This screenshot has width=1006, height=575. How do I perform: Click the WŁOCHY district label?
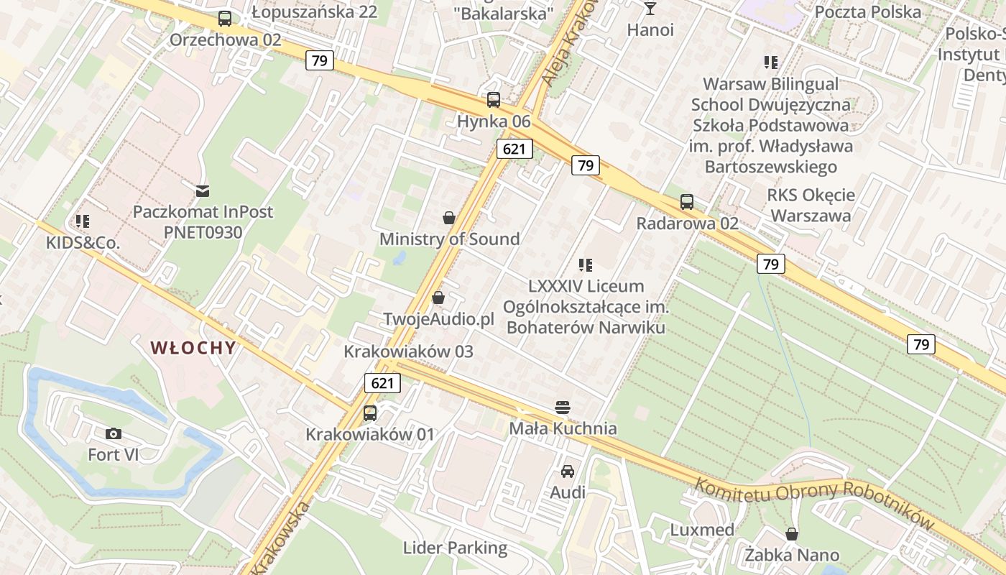(x=193, y=348)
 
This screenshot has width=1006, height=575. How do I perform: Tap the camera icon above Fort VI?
(x=113, y=433)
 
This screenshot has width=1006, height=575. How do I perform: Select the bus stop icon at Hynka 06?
(x=494, y=100)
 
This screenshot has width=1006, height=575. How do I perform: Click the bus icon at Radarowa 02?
(x=687, y=202)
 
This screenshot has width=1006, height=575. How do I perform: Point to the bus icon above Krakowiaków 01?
(x=370, y=413)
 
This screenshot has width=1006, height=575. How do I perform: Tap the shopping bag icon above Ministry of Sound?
(x=449, y=217)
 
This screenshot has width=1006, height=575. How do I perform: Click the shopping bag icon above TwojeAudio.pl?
(x=438, y=297)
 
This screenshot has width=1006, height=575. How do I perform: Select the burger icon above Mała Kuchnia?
(x=563, y=408)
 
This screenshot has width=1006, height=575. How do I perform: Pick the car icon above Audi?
(x=568, y=471)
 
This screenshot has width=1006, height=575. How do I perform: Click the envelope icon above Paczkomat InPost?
(x=203, y=190)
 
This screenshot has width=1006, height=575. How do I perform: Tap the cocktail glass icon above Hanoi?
(x=650, y=9)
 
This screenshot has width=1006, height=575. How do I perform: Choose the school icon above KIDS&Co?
(x=83, y=221)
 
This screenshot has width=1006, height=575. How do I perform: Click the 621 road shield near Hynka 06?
(x=514, y=149)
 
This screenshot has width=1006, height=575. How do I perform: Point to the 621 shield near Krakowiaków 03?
(x=382, y=383)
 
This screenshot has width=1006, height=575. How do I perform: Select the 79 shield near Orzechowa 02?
(x=320, y=60)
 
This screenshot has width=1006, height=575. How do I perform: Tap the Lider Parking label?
(x=455, y=548)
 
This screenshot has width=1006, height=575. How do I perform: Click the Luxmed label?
(x=702, y=530)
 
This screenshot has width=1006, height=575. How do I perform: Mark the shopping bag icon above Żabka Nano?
(x=792, y=534)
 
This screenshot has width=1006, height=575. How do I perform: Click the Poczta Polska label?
(x=868, y=12)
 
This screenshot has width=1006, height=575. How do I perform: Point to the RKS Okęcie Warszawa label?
(x=811, y=206)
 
